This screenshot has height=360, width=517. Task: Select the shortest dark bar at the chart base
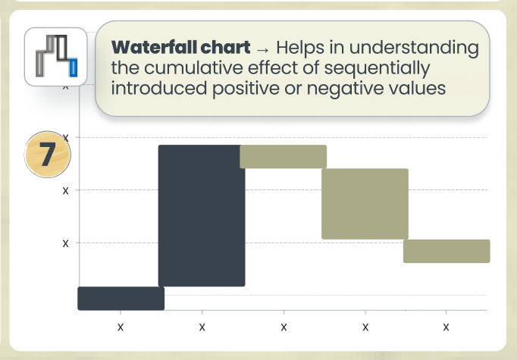tap(121, 298)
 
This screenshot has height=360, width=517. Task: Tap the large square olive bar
tap(365, 204)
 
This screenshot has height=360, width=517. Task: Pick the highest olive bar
tap(283, 156)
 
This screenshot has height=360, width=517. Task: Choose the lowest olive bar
tap(446, 251)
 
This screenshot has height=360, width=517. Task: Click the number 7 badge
tap(47, 154)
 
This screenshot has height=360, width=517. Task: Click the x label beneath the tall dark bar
tap(202, 327)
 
